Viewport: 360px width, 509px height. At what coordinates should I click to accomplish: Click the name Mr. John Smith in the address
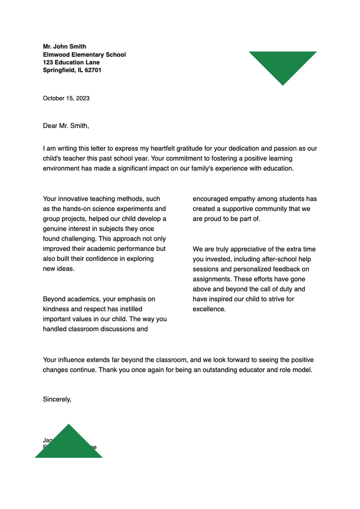64,46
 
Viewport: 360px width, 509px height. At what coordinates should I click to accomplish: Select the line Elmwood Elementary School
84,55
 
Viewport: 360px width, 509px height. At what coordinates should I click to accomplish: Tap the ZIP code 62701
93,70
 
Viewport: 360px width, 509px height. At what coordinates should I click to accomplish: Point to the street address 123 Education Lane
71,62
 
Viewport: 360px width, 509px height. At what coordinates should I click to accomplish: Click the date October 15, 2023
66,98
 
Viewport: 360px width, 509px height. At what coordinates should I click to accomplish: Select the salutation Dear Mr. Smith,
66,126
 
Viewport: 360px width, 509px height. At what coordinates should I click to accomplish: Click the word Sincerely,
57,399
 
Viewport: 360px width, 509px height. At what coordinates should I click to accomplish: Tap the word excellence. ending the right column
209,309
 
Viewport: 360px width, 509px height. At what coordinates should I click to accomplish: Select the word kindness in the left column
55,309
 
